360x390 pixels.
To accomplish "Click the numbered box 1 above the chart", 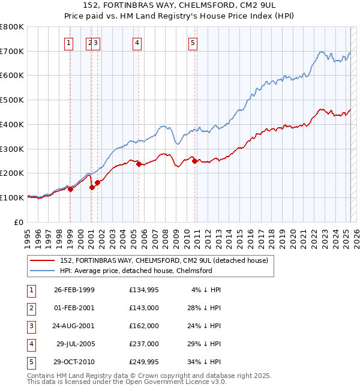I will pyautogui.click(x=70, y=43).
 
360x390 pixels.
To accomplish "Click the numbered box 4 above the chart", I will pyautogui.click(x=137, y=43).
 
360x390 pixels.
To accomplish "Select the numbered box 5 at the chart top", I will pyautogui.click(x=193, y=43).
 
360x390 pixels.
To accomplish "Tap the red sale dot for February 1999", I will pyautogui.click(x=70, y=189).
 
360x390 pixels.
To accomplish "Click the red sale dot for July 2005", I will pyautogui.click(x=139, y=164).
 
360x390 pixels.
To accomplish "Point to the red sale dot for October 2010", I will pyautogui.click(x=194, y=161).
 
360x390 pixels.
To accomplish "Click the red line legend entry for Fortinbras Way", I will pyautogui.click(x=167, y=260).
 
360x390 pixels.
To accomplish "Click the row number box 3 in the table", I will pyautogui.click(x=29, y=326).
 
